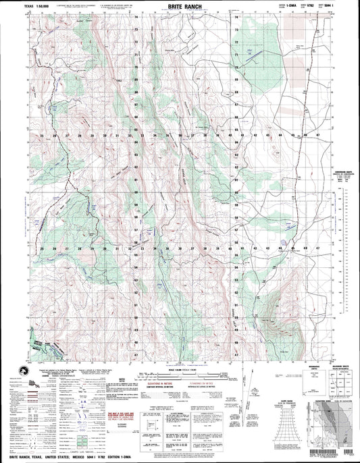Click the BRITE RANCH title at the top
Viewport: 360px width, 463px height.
[179, 5]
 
